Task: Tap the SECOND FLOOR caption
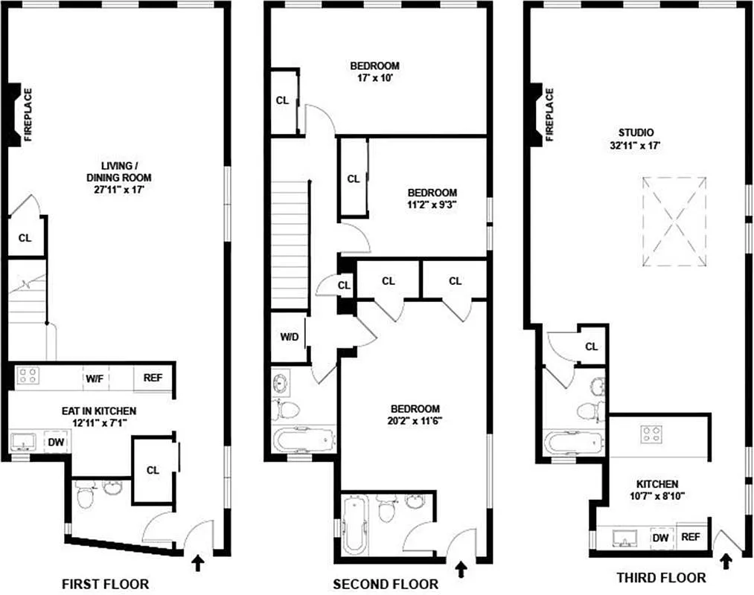click(x=385, y=584)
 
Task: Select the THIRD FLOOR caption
click(x=661, y=577)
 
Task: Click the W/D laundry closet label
click(x=290, y=337)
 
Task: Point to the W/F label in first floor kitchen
click(x=94, y=378)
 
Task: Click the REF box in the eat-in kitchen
click(x=153, y=378)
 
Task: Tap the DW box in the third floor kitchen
click(x=659, y=538)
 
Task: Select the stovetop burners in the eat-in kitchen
click(x=28, y=376)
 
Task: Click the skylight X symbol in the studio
click(x=674, y=222)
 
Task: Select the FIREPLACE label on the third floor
click(x=550, y=115)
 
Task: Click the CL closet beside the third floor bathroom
click(x=592, y=346)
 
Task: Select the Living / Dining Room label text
click(x=116, y=172)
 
